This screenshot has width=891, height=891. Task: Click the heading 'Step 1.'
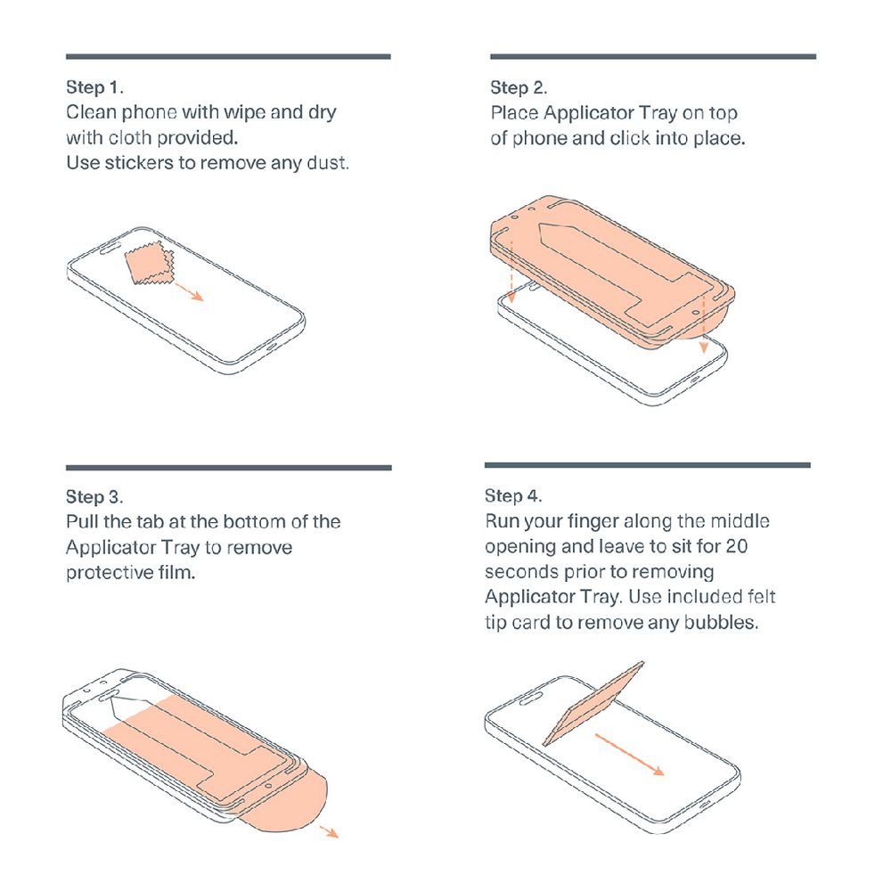pos(94,87)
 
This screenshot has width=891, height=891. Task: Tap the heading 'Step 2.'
pos(519,87)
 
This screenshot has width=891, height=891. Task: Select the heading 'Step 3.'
pos(94,496)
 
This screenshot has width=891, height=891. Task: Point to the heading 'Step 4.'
pos(513,495)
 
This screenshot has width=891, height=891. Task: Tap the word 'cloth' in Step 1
pos(130,137)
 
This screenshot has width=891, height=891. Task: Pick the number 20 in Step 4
pos(737,546)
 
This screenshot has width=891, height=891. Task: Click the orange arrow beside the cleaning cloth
pos(189,291)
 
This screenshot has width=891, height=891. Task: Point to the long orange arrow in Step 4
pos(630,755)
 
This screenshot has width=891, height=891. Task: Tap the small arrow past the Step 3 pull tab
pos(329,831)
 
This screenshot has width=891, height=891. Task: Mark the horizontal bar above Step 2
pos(653,57)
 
